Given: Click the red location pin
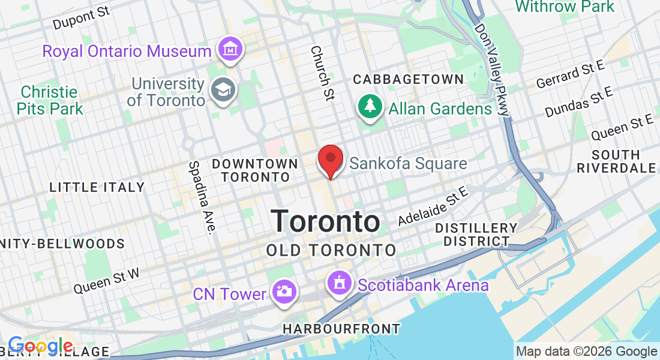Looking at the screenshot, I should tap(330, 159).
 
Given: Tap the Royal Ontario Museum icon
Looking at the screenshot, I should tap(230, 49).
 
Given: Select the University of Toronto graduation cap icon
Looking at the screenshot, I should tap(224, 91).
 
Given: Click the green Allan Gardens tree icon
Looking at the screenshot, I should tap(370, 107).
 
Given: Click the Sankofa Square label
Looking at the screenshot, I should tap(408, 164).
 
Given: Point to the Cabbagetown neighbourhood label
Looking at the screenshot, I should tap(408, 79).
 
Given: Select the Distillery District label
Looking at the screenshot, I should tap(476, 235).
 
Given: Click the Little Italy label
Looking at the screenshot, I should tap(97, 187).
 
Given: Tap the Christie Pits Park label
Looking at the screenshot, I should tap(50, 101).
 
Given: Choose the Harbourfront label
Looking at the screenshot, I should tap(341, 329).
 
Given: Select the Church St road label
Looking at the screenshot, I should tap(322, 72).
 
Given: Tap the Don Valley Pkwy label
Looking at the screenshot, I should tap(492, 69).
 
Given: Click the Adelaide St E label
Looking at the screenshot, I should tap(432, 206).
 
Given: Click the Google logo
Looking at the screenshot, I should tap(40, 346).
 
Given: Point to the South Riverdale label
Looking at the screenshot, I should tap(616, 161).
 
